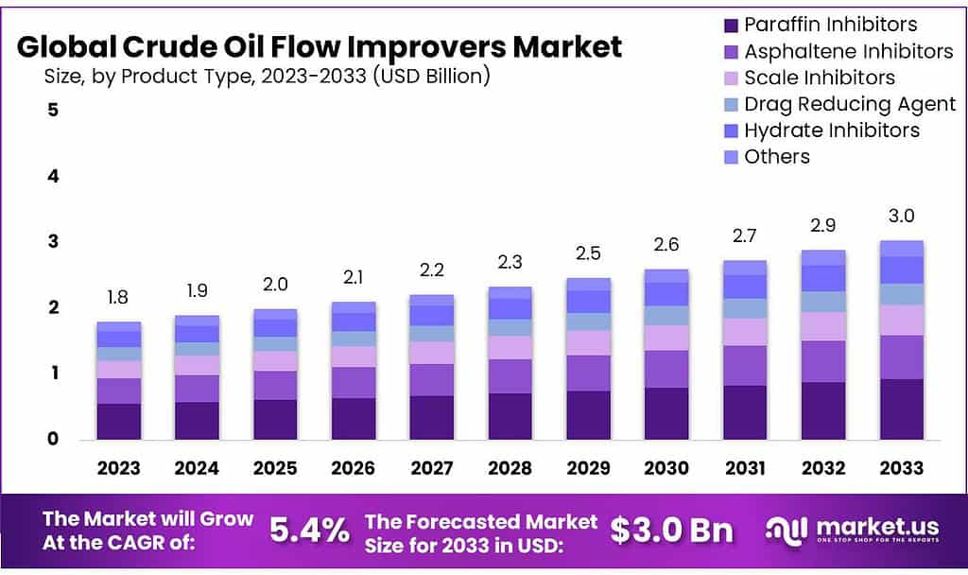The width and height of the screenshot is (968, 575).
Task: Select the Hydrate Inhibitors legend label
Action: [831, 131]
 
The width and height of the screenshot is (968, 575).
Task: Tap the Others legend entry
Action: [776, 157]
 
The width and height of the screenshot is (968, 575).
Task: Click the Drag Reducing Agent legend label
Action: [849, 104]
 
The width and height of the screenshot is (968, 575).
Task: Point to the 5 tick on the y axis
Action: [53, 110]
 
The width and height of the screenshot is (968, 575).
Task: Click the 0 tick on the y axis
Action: [53, 439]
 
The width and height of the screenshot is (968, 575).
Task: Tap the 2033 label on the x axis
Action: [901, 467]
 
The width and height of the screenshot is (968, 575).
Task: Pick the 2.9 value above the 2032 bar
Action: [822, 227]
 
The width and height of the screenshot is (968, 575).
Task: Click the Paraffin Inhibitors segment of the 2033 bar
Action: [901, 409]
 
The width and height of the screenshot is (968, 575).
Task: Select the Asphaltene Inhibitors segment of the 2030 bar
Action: [665, 369]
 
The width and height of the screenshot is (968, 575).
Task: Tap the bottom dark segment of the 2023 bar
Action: [118, 421]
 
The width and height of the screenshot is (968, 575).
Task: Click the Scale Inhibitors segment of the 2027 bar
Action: [430, 353]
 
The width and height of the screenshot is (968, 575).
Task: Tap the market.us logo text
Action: [865, 527]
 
